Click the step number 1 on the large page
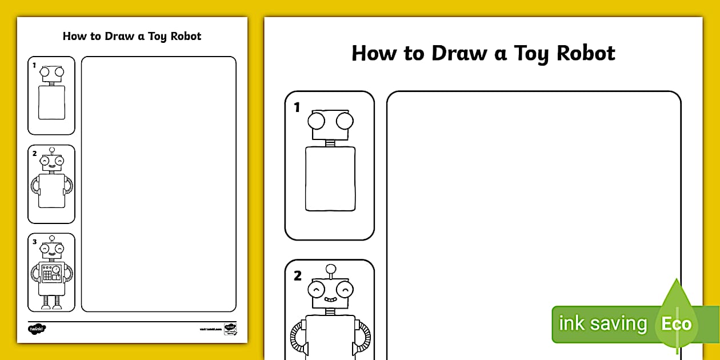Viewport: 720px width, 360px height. coord(297,107)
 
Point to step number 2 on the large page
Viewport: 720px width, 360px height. coord(297,276)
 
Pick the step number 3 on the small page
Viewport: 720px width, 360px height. coord(34,242)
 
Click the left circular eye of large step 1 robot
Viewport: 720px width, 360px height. coord(317,121)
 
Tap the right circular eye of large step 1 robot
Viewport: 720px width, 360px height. coord(345,121)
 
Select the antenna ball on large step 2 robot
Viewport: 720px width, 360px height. coord(330,269)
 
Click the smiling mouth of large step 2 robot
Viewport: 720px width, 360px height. coord(330,299)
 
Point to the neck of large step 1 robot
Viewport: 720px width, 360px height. coord(330,143)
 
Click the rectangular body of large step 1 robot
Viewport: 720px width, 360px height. coord(330,178)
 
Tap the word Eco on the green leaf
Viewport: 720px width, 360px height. coord(677,324)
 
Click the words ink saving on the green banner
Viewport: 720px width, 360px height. coord(602,324)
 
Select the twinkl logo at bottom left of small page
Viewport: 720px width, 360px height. coord(37,329)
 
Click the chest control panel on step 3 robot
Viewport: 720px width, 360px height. coord(52,273)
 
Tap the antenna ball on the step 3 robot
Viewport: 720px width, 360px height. coord(51,237)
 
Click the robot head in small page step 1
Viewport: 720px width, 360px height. coord(51,73)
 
